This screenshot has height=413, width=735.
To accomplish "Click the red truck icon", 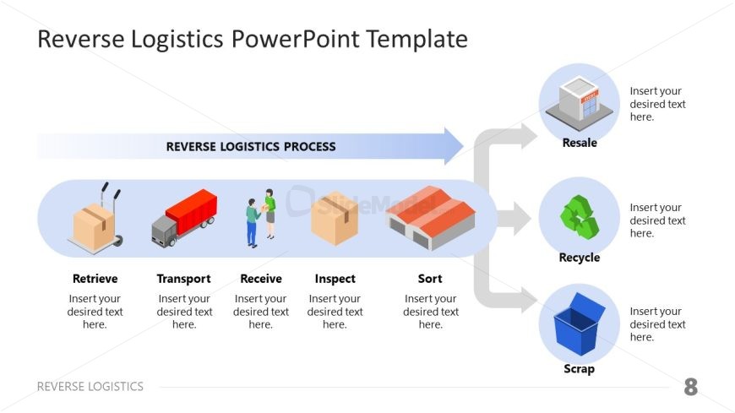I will (184, 217).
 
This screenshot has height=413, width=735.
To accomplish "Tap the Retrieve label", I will (95, 279).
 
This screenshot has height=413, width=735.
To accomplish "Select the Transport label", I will (183, 279).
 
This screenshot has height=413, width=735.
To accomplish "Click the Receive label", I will (260, 279).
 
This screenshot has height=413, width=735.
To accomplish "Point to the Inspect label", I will (335, 279).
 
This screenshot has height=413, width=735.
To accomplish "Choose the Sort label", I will (430, 279).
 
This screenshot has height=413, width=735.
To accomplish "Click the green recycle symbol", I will (579, 216).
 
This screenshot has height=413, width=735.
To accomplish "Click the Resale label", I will (580, 143).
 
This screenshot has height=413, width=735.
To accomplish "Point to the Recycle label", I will (580, 258).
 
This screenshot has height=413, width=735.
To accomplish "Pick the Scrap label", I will (580, 368).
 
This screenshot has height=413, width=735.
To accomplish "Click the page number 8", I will (691, 388).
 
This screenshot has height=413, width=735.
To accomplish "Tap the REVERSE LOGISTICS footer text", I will (90, 387).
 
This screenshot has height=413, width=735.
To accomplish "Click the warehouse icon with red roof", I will (430, 217).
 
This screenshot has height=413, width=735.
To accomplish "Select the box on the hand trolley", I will (94, 224).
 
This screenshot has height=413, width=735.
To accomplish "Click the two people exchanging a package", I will (260, 217).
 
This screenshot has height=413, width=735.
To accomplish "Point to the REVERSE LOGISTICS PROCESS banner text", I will (251, 146).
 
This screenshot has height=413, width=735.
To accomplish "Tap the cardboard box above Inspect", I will (335, 219).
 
